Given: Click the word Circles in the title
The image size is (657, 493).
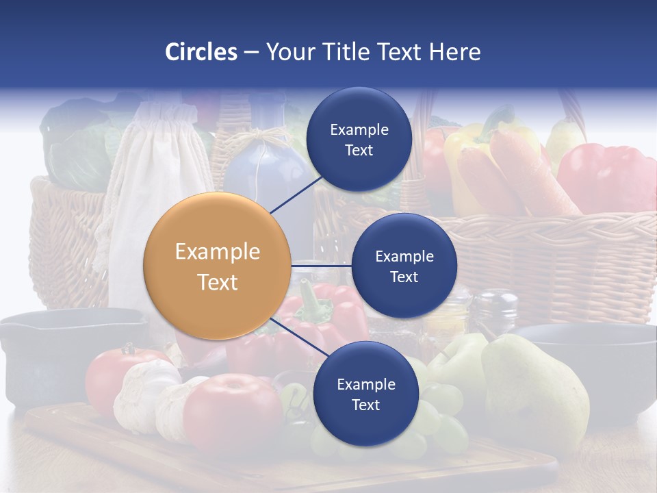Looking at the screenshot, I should point(201,52).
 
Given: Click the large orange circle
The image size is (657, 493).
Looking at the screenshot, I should point(217,266).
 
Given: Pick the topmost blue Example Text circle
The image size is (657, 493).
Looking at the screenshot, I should point(359,139).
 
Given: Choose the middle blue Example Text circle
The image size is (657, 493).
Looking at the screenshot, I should point(404,266).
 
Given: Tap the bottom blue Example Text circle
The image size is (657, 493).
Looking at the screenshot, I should point(365,394).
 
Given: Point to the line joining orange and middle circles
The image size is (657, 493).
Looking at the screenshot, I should point(321,266).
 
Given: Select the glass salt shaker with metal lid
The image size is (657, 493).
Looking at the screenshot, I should point(494,312).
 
